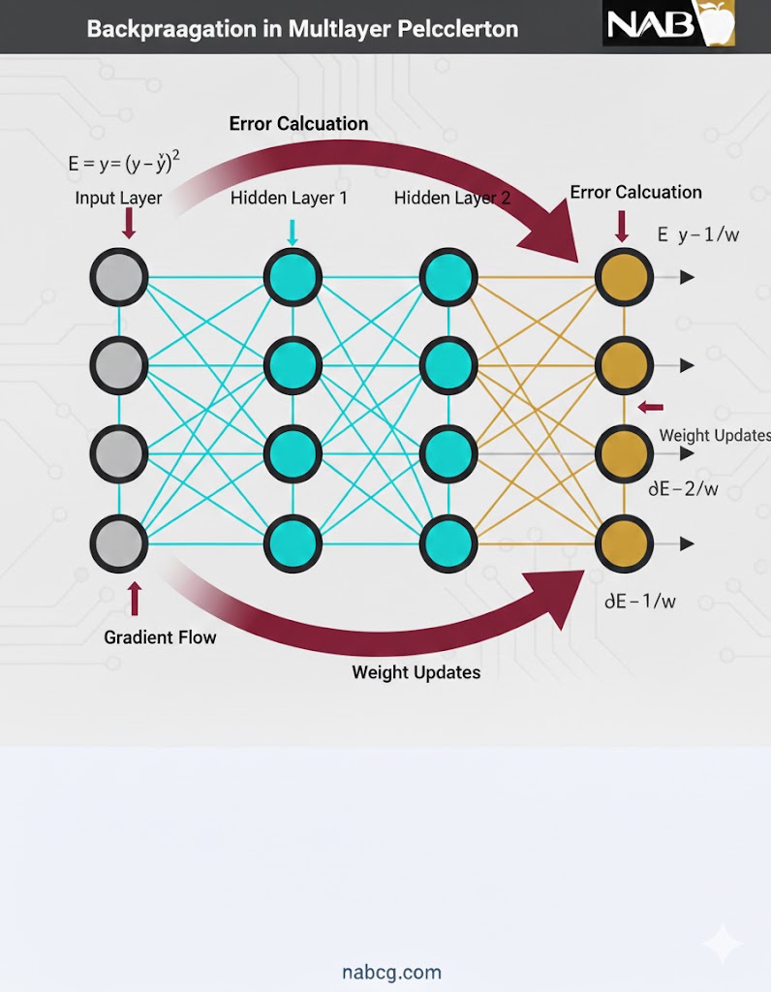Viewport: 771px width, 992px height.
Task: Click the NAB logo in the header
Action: pos(669,23)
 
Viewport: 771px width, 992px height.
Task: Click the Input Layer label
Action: pos(118,198)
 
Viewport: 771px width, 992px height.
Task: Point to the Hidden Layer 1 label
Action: pos(289,198)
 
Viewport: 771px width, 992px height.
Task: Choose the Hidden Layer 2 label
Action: pos(452,198)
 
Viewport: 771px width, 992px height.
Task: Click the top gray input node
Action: pos(118,277)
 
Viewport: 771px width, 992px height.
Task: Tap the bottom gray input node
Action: pos(118,543)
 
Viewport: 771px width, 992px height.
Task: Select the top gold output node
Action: pos(624,277)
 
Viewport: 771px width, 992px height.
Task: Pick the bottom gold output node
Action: pos(624,543)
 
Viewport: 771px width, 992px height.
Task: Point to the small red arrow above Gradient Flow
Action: pos(135,600)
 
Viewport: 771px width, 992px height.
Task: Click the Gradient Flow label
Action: pos(160,636)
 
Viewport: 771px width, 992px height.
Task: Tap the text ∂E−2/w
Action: pos(684,489)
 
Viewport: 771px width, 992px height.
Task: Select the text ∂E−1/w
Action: pos(640,601)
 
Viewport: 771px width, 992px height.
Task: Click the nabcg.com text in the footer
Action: pos(391,972)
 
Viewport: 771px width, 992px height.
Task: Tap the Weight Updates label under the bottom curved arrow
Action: pos(416,671)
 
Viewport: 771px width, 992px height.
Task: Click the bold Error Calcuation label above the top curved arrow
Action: pos(298,124)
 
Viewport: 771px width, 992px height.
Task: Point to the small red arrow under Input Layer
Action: pos(131,225)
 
